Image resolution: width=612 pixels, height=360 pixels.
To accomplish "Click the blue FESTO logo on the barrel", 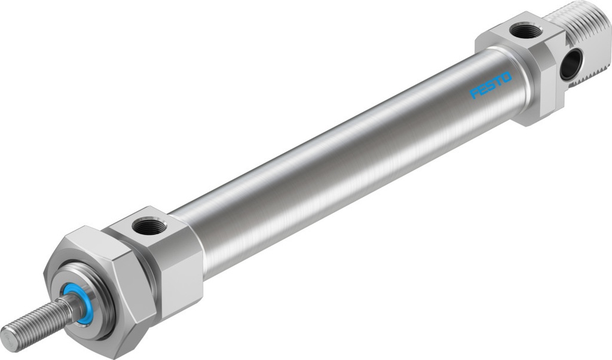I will tap(491, 86).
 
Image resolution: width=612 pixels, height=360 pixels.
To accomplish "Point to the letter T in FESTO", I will tap(498, 82).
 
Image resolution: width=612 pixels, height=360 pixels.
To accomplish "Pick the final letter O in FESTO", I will tap(506, 78).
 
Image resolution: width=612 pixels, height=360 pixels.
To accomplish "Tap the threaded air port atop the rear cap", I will tap(526, 30).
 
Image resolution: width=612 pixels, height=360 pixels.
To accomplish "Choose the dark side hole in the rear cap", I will tap(571, 65).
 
